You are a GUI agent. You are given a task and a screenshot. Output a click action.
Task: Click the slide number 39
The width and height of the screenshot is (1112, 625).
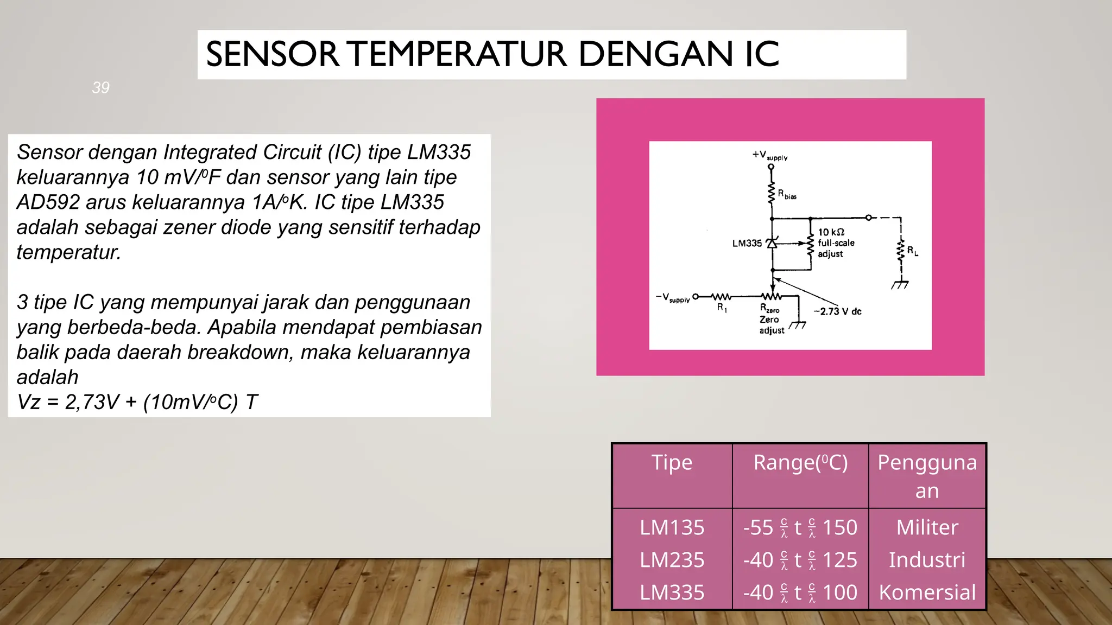click(x=101, y=87)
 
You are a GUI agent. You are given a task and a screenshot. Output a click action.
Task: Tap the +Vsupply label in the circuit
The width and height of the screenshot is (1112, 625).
click(x=769, y=155)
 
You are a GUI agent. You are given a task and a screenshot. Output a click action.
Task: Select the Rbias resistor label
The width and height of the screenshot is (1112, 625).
click(x=787, y=194)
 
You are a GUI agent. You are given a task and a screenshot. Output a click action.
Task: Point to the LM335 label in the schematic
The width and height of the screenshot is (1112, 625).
click(x=747, y=244)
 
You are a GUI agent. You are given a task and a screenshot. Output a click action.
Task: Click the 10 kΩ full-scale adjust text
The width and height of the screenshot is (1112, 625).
click(x=835, y=243)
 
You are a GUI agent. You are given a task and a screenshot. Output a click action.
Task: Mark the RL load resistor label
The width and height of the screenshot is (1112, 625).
click(x=912, y=251)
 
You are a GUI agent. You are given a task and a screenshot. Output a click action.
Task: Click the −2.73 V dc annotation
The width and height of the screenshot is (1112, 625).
click(x=837, y=311)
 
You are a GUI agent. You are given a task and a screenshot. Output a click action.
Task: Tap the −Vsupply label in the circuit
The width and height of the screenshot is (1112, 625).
click(x=672, y=298)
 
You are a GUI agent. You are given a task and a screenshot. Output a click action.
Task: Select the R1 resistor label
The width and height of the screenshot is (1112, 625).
click(x=722, y=308)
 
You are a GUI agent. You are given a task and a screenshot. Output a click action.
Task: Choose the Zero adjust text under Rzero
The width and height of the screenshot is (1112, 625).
click(x=771, y=325)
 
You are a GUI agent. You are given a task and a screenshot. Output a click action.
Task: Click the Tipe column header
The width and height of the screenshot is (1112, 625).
click(x=672, y=462)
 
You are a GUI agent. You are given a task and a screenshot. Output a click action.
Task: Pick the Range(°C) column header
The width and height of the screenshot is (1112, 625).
click(x=800, y=462)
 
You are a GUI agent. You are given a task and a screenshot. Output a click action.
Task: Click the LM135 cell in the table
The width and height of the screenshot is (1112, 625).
click(x=672, y=527)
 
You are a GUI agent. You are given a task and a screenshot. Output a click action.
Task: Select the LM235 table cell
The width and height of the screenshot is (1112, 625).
click(x=672, y=560)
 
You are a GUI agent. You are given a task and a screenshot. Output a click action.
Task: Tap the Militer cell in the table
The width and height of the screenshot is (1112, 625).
click(x=927, y=527)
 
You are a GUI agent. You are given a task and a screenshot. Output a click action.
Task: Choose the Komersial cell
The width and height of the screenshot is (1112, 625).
click(x=927, y=592)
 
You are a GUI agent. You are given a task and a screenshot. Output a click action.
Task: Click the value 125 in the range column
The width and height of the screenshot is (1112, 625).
click(x=839, y=560)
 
